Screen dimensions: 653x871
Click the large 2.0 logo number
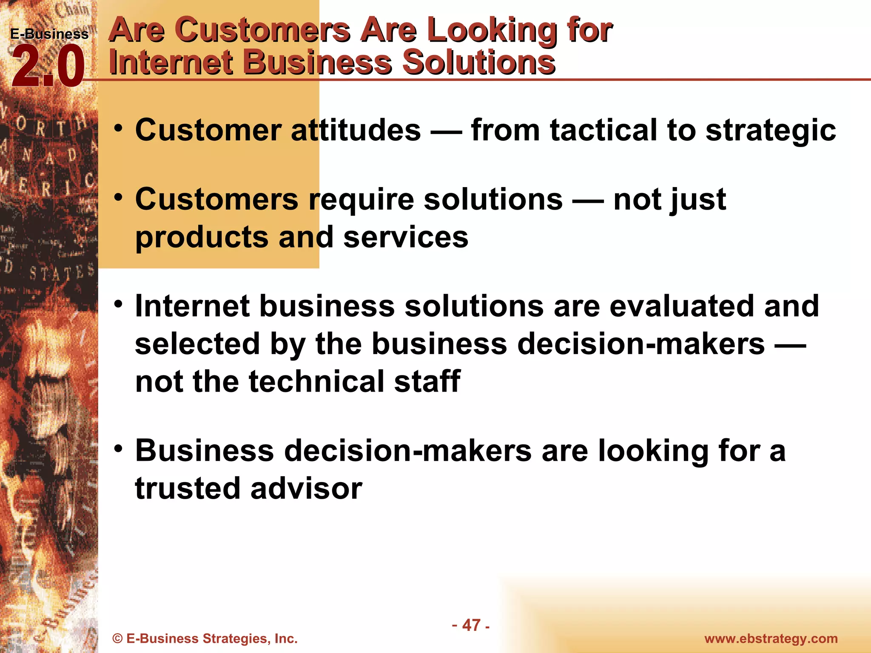pos(48,67)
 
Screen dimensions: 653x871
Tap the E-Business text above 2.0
pos(49,34)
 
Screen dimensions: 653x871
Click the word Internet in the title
pos(170,62)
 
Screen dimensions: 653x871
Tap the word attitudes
pos(356,130)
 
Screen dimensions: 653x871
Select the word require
pos(361,200)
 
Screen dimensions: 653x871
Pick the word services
pos(405,237)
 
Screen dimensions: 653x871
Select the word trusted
pos(188,488)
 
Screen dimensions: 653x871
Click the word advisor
pos(306,488)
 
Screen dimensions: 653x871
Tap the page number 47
pos(471,625)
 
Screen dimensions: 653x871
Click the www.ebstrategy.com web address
pos(771,639)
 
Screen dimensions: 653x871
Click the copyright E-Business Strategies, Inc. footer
pos(205,639)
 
